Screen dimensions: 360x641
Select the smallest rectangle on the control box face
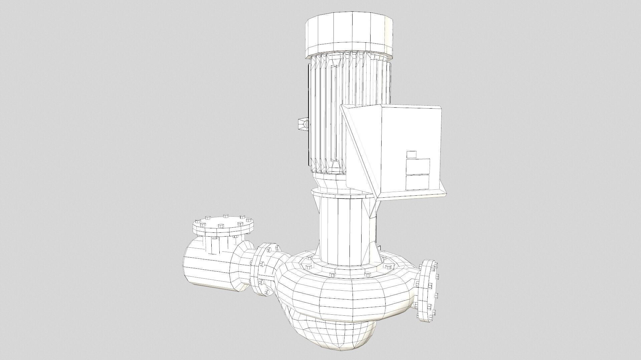tap(411, 155)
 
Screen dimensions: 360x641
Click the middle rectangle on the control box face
tap(418, 167)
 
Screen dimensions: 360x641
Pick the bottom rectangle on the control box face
tap(417, 182)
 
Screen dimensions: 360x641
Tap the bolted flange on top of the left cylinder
tap(223, 227)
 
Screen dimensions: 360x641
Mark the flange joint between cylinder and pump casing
tap(265, 268)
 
